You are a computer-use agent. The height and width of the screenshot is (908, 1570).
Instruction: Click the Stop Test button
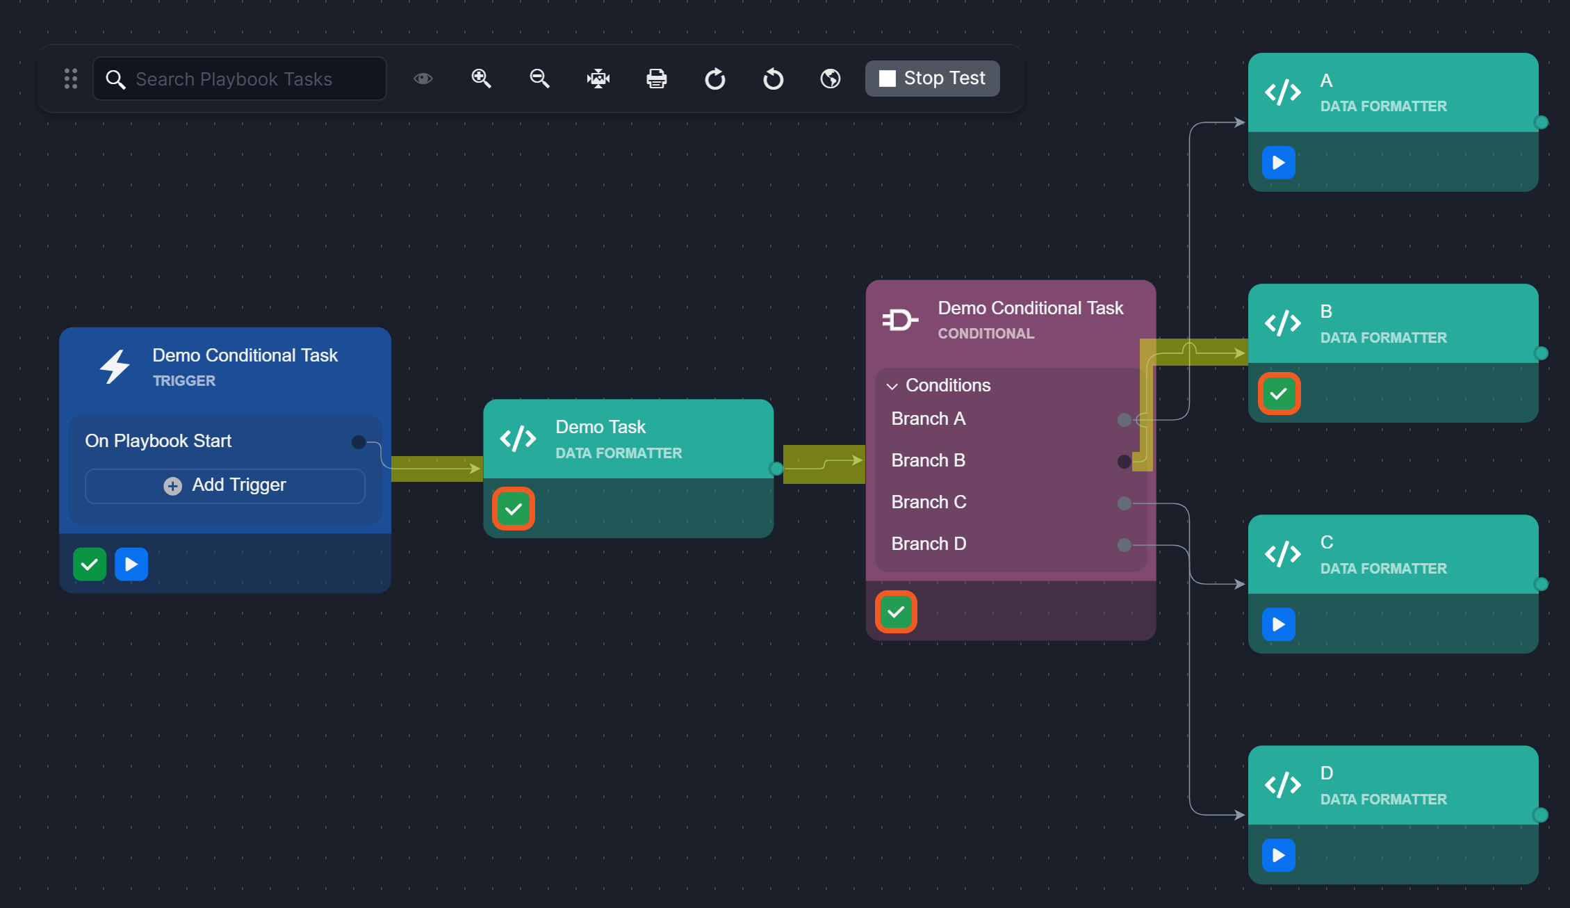point(932,79)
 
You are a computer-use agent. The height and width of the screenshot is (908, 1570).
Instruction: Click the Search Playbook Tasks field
point(240,79)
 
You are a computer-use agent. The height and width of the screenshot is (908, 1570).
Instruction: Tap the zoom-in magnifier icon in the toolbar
point(481,79)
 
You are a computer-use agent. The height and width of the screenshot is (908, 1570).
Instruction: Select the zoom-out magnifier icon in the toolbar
point(539,79)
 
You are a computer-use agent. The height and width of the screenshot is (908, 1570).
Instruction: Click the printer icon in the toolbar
point(656,79)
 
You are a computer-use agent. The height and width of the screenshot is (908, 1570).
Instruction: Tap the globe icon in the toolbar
point(831,79)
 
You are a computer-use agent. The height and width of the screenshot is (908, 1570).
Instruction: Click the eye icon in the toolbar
point(423,79)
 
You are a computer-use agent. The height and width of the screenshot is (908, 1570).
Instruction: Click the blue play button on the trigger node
point(131,564)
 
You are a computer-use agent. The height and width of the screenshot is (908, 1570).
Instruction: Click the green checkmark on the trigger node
point(90,564)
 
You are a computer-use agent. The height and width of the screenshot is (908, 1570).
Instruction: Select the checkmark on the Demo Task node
point(514,509)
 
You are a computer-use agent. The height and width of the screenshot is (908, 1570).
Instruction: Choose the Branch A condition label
point(928,419)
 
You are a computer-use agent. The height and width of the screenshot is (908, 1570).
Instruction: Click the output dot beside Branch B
point(1124,461)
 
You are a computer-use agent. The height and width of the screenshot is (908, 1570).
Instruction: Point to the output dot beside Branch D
point(1124,544)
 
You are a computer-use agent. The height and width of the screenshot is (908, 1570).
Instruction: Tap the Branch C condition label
point(929,502)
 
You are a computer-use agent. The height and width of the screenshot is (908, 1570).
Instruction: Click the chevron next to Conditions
point(892,386)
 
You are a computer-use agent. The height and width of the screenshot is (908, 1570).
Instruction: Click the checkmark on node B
point(1279,394)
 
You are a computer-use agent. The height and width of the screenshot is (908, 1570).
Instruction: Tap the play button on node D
point(1279,855)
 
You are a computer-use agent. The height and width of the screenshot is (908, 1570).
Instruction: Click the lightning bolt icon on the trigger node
point(115,366)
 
